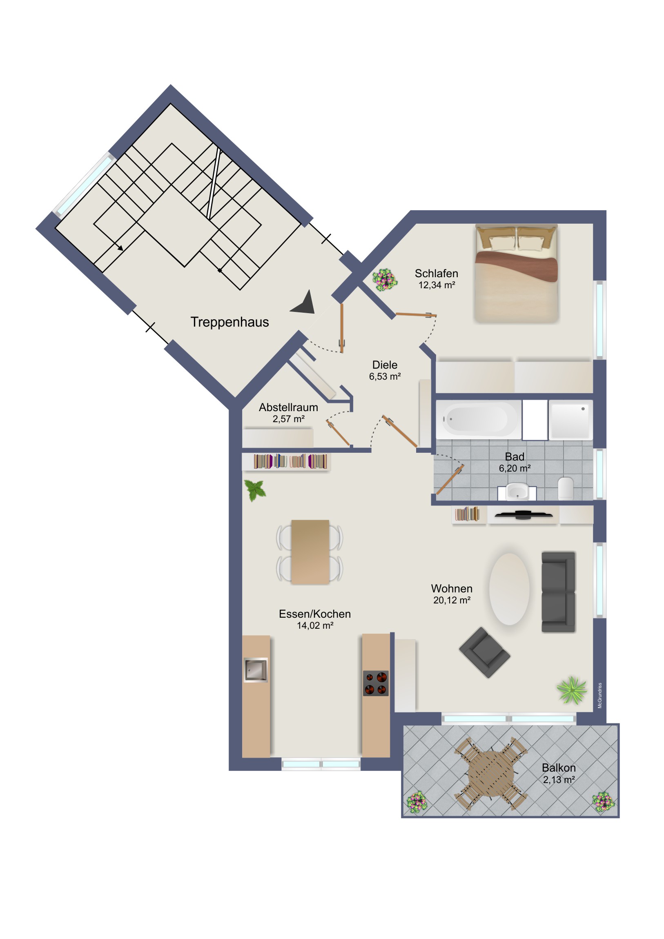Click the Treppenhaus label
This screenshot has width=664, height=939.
click(x=230, y=322)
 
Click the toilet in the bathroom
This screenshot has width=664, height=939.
click(x=566, y=488)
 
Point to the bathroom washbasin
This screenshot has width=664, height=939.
click(x=517, y=492)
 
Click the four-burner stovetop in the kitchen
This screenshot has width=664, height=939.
click(x=376, y=683)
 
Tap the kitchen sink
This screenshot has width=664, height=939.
click(x=256, y=670)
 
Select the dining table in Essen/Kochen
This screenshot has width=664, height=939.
click(x=310, y=552)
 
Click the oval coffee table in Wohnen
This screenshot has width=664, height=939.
click(x=509, y=589)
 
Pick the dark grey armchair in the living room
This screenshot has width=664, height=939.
click(x=485, y=653)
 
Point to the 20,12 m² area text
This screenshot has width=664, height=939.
click(x=452, y=601)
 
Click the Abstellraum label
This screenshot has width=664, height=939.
click(x=288, y=407)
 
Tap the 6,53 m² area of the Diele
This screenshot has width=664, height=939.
click(x=385, y=376)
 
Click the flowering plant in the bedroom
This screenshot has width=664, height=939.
click(x=384, y=280)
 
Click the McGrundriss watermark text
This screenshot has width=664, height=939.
click(x=600, y=695)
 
